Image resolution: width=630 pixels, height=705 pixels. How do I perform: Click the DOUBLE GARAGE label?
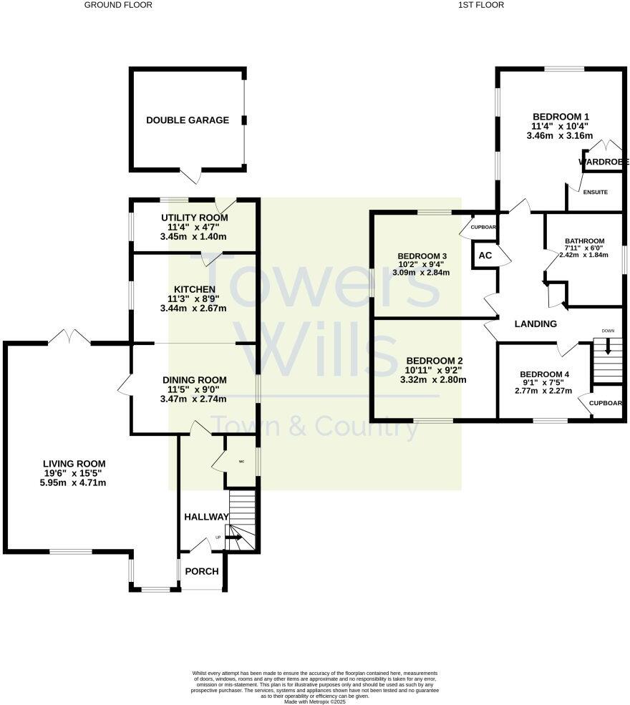(x=188, y=120)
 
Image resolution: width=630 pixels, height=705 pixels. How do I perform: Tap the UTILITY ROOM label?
(x=193, y=218)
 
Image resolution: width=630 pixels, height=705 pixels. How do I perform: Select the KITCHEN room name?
(x=193, y=289)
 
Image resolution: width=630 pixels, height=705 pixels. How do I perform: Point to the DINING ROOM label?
(x=194, y=380)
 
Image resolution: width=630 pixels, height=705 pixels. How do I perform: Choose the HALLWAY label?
(x=206, y=517)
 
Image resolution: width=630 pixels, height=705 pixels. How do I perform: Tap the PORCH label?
(x=201, y=571)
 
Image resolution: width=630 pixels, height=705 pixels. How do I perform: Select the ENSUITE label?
(x=595, y=193)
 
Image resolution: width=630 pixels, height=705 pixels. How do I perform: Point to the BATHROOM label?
(x=584, y=241)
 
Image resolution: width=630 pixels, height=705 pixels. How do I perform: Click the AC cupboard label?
(x=485, y=256)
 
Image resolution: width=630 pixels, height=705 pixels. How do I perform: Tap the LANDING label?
(x=535, y=324)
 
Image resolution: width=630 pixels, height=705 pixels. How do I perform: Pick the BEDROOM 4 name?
(x=545, y=374)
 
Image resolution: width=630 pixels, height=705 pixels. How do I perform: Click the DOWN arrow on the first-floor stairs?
(x=608, y=346)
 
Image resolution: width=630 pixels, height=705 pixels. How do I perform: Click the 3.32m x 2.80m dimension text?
(x=436, y=380)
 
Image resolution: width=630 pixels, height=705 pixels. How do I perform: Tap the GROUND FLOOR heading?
(x=118, y=5)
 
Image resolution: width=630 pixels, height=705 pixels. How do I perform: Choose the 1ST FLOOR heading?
(x=481, y=5)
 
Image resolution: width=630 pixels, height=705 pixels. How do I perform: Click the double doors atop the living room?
(x=69, y=336)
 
